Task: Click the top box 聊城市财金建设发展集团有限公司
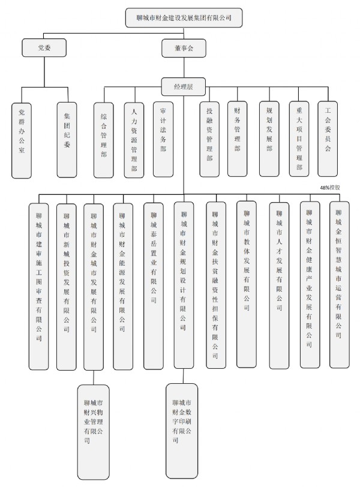pyautogui.click(x=184, y=18)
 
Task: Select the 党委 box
pyautogui.click(x=44, y=47)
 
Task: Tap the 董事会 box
pyautogui.click(x=184, y=48)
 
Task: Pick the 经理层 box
pyautogui.click(x=183, y=86)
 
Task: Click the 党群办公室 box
pyautogui.click(x=22, y=141)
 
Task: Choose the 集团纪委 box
pyautogui.click(x=67, y=140)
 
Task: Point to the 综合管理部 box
pyautogui.click(x=104, y=140)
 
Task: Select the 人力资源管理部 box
pyautogui.click(x=134, y=140)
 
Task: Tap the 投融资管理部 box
pyautogui.click(x=209, y=139)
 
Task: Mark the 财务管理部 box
pyautogui.click(x=238, y=139)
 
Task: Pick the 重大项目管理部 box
pyautogui.click(x=299, y=139)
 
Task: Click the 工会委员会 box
pyautogui.click(x=328, y=139)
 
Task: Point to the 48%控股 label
pyautogui.click(x=330, y=188)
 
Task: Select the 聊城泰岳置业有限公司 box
pyautogui.click(x=154, y=286)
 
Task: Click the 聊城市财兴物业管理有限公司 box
pyautogui.click(x=93, y=432)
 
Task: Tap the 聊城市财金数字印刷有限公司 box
pyautogui.click(x=182, y=431)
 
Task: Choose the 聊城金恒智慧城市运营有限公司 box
pyautogui.click(x=339, y=285)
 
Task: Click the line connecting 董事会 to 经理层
pyautogui.click(x=184, y=68)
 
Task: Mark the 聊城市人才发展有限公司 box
pyautogui.click(x=279, y=285)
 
